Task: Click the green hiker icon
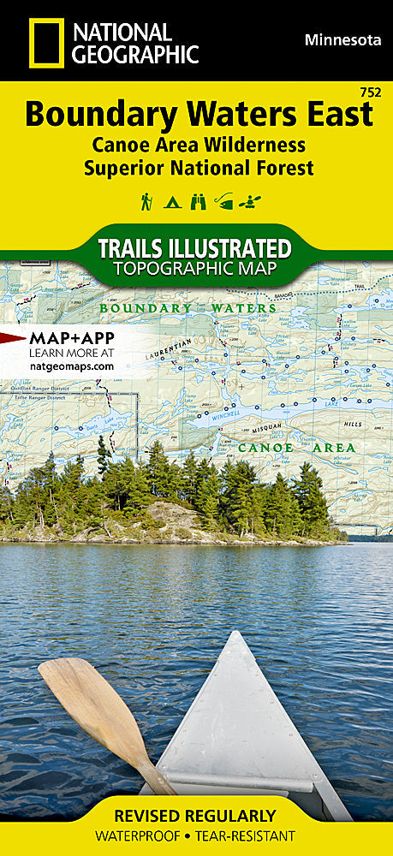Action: [146, 202]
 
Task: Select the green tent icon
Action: [172, 203]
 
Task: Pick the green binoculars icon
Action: [199, 202]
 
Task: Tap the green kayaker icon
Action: [251, 202]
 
